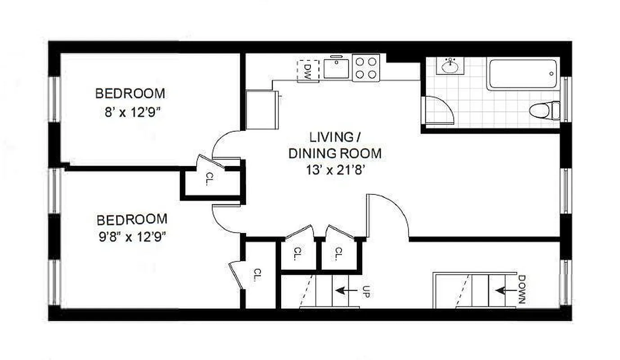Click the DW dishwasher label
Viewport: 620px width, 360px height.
pyautogui.click(x=308, y=71)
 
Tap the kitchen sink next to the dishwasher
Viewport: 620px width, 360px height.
pyautogui.click(x=337, y=68)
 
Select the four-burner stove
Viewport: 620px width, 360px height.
pyautogui.click(x=366, y=68)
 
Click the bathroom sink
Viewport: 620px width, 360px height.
pyautogui.click(x=449, y=67)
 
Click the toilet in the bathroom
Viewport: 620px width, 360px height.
pyautogui.click(x=543, y=110)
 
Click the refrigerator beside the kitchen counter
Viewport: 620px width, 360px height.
pyautogui.click(x=261, y=109)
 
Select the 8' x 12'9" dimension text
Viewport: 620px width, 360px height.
pyautogui.click(x=130, y=111)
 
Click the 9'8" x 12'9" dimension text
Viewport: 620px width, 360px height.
pyautogui.click(x=132, y=237)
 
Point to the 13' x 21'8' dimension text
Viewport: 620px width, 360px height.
pyautogui.click(x=335, y=170)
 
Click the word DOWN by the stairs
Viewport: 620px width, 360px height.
pyautogui.click(x=521, y=289)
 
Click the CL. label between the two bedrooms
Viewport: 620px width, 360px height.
pyautogui.click(x=210, y=179)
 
